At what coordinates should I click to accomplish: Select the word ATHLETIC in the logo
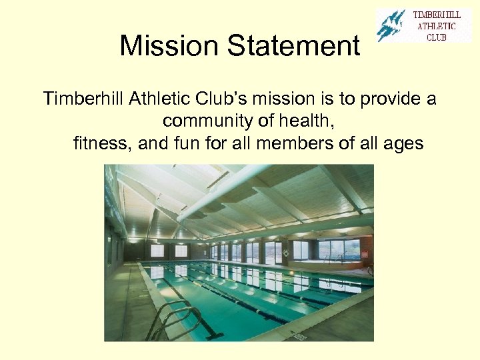[437, 26]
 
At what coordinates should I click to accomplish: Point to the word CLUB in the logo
[437, 37]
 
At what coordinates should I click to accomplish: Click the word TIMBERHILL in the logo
[437, 15]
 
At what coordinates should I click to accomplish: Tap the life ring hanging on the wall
[286, 253]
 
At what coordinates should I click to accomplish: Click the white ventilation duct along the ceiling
[220, 194]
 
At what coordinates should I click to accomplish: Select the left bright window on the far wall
[157, 251]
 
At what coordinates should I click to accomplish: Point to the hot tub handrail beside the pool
[333, 257]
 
